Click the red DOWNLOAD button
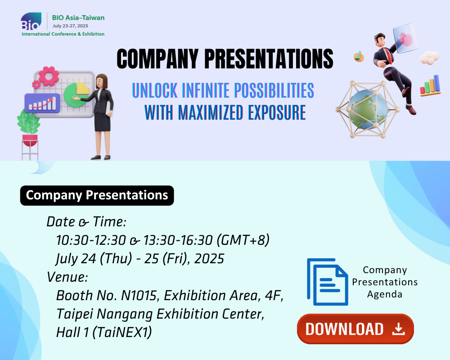(x=355, y=328)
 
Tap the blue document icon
(x=328, y=282)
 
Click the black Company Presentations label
(x=97, y=195)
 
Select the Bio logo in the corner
(x=31, y=21)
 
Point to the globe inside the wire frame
(x=368, y=109)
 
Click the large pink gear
(x=49, y=76)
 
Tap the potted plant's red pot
(x=30, y=140)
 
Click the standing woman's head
(x=101, y=81)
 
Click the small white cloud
(x=429, y=58)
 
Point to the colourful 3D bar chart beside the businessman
(x=430, y=85)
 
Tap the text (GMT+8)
(x=243, y=240)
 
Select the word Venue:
(x=67, y=277)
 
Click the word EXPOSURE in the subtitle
(x=277, y=112)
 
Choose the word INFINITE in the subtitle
(x=206, y=90)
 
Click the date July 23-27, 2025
(x=70, y=26)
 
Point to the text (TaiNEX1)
(x=122, y=333)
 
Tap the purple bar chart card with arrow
(x=42, y=103)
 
